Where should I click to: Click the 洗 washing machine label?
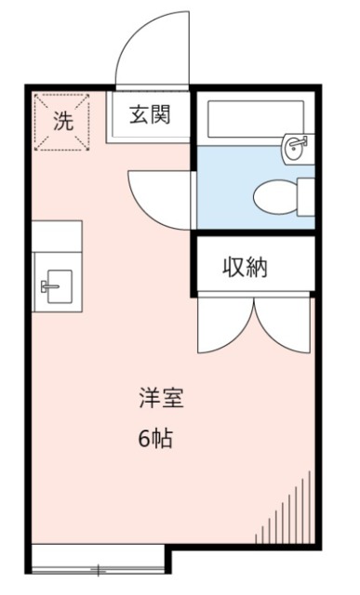[x=61, y=120]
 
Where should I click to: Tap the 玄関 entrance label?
[x=149, y=116]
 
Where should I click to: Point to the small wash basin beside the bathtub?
[x=297, y=145]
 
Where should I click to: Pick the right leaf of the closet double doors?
[x=283, y=325]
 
